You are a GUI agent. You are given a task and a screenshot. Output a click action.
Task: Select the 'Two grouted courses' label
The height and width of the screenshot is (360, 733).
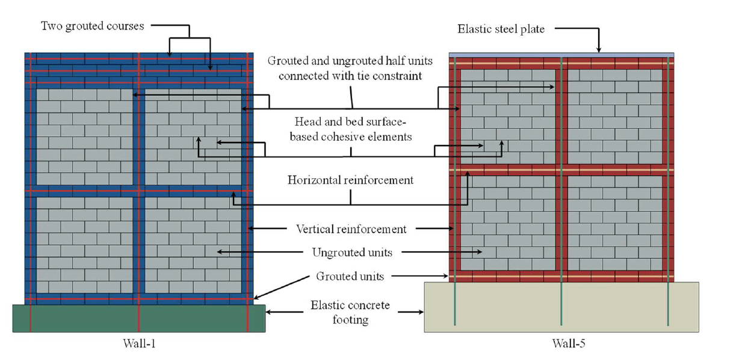tap(93, 26)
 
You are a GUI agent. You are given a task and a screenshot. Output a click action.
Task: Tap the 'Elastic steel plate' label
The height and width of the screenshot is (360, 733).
tap(501, 29)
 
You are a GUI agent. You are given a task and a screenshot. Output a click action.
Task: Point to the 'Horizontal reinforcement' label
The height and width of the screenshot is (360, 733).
tap(350, 180)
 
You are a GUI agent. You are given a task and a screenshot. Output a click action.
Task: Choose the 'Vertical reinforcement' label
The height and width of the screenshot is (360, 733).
tap(351, 229)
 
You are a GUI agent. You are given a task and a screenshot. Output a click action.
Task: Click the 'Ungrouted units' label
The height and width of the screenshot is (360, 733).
tap(351, 252)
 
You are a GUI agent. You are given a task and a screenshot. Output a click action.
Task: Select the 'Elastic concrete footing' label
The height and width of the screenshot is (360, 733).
tap(351, 312)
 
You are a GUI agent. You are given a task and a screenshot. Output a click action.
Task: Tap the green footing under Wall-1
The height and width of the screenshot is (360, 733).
tap(138, 318)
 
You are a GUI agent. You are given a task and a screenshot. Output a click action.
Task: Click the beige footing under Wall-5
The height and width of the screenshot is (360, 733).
tap(561, 307)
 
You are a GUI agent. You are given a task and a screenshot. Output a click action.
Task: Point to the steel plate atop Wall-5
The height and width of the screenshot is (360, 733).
tap(561, 55)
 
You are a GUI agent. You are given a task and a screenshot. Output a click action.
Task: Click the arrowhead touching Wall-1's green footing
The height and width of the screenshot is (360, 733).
tap(269, 312)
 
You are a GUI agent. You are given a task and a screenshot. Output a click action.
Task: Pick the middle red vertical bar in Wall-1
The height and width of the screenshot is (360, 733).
tap(138, 181)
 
